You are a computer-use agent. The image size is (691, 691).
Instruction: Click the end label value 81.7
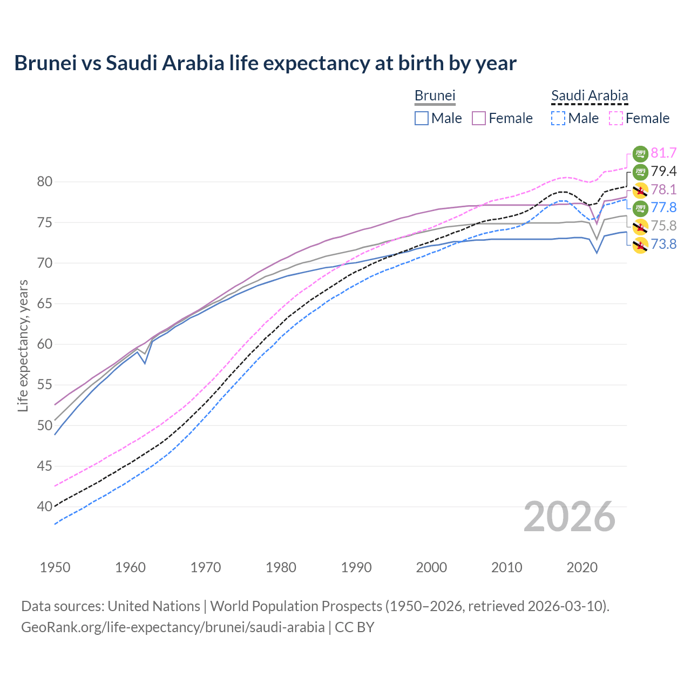[x=663, y=153]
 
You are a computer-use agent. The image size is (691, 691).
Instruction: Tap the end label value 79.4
[x=663, y=172]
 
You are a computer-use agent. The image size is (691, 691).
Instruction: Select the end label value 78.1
[x=663, y=189]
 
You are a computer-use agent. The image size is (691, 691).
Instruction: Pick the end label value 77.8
[x=663, y=208]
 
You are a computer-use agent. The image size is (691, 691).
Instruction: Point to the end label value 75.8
[x=663, y=226]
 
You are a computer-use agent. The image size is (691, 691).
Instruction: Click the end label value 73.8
[x=663, y=244]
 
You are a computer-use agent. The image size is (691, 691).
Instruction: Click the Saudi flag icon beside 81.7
[x=640, y=154]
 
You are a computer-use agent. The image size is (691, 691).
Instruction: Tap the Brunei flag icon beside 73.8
[x=640, y=245]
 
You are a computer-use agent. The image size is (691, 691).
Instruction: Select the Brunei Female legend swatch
[x=479, y=118]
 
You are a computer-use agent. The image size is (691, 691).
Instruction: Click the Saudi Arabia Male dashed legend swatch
[x=558, y=118]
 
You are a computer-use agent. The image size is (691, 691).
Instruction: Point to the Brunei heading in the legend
[x=435, y=96]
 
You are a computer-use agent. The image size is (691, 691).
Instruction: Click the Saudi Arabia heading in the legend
[x=590, y=96]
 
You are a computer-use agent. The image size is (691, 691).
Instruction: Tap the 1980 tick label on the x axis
[x=281, y=567]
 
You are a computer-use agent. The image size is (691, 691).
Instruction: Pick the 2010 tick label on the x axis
[x=506, y=567]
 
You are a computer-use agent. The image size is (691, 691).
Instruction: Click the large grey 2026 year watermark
[x=569, y=517]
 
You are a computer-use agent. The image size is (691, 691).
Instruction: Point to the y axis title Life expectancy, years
[x=23, y=345]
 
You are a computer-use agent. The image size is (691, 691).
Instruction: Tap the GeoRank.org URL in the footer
[x=173, y=627]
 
